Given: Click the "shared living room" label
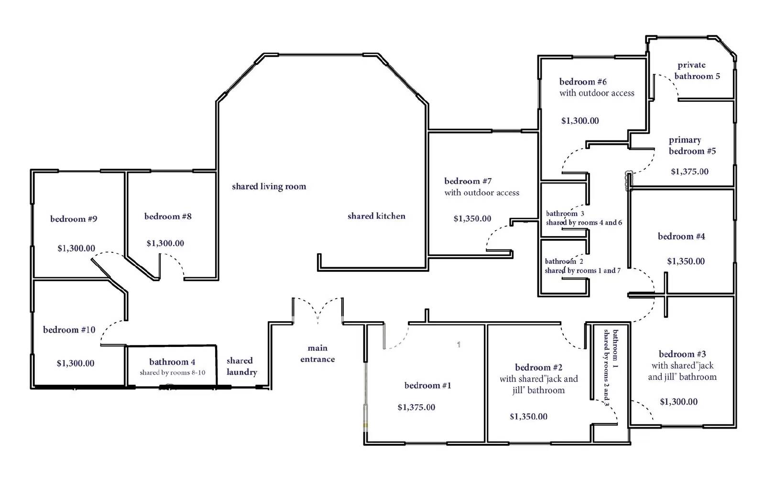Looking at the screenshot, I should point(269,186).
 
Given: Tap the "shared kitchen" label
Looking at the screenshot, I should point(376,216).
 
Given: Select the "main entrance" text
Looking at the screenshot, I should point(317,354).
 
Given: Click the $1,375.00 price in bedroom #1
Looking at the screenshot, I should point(416,407).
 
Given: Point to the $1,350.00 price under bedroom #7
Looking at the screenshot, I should point(472,218).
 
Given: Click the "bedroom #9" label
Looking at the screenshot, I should point(74,219).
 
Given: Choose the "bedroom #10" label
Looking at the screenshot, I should point(69,330).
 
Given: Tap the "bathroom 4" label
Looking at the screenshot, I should point(172,362).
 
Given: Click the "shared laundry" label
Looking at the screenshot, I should point(241,366).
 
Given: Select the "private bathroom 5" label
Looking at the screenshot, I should point(697,71).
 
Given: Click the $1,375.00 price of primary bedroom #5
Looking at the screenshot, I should point(689,172).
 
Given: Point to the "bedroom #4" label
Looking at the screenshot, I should point(681,236).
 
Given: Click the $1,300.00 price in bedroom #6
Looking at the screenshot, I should point(580,120).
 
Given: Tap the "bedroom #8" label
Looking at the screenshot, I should point(168,216).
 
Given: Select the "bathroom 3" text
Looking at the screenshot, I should point(565,214).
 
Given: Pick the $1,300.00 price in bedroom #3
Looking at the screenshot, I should point(678,402).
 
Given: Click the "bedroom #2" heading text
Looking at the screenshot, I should point(538,367).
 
